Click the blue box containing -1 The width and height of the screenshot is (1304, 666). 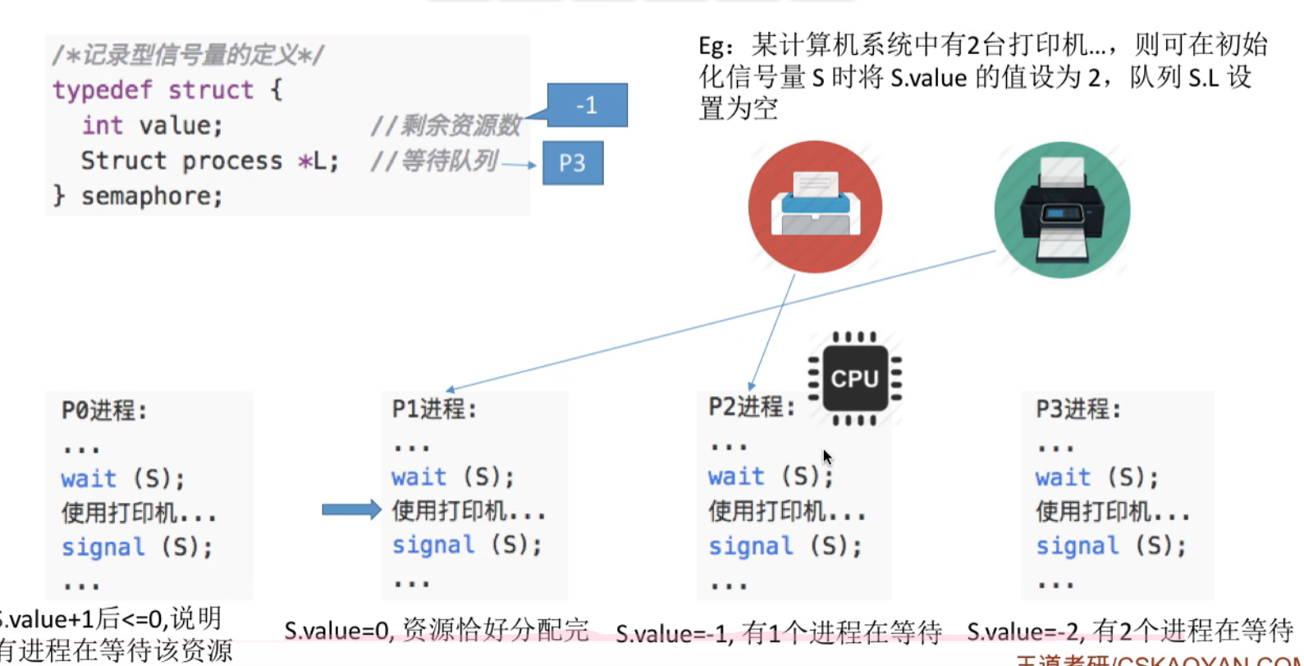[x=587, y=105]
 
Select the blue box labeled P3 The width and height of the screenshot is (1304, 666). [x=573, y=162]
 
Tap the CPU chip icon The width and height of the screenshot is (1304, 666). [x=854, y=378]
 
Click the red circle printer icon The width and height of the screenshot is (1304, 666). [x=815, y=207]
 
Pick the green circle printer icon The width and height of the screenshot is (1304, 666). [x=1062, y=210]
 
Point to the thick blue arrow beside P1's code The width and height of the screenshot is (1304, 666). [x=351, y=509]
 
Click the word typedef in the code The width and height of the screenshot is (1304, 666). [x=102, y=89]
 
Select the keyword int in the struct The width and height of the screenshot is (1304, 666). [x=102, y=125]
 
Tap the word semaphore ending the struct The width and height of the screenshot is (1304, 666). [x=152, y=196]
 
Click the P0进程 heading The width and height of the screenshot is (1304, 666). [x=104, y=410]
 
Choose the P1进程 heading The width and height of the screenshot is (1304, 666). [x=434, y=408]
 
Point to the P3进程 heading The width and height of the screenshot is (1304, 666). [x=1078, y=408]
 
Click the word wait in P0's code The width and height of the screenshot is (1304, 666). [x=89, y=478]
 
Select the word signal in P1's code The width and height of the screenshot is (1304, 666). [x=433, y=545]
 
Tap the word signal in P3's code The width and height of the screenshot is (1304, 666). [x=1078, y=546]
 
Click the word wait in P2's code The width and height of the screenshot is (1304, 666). [x=736, y=476]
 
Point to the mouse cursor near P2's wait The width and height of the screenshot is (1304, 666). [x=827, y=457]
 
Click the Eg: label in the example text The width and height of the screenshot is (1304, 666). [x=716, y=45]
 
